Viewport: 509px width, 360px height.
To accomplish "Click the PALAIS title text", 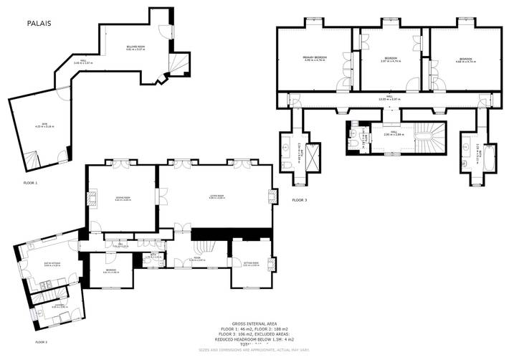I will pos(39,23).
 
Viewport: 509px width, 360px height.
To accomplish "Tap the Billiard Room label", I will pos(135,48).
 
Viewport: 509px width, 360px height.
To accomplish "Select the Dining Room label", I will pos(122,197).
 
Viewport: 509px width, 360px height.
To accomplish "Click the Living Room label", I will pos(217,197).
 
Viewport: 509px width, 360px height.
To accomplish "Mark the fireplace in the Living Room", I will pos(272,196).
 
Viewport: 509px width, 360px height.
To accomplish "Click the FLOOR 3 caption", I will pos(299,199).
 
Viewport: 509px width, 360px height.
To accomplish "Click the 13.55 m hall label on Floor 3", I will pos(389,98).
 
